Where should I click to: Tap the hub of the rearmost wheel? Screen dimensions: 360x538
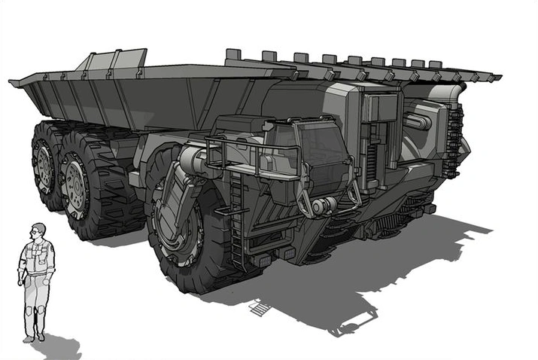[x=44, y=166]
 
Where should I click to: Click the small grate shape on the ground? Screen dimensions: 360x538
[x=259, y=307]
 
